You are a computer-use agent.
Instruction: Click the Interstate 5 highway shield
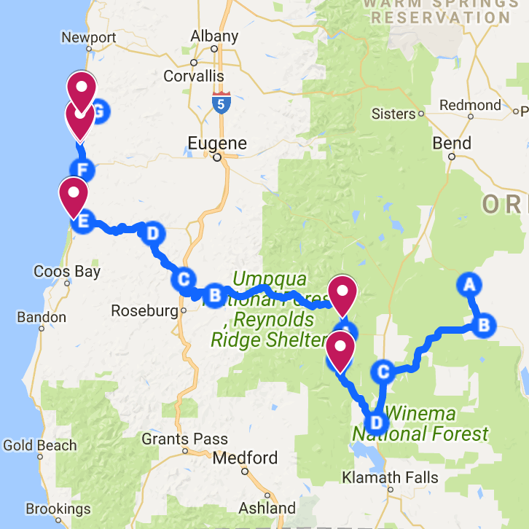click(222, 103)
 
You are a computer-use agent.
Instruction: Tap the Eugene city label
click(217, 143)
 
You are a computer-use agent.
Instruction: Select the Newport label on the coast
click(89, 38)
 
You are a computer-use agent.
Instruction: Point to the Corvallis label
click(193, 76)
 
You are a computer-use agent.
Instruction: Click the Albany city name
click(214, 36)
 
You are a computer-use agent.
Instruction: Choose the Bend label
click(452, 144)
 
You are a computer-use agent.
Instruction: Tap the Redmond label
click(471, 106)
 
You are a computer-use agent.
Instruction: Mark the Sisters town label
click(393, 114)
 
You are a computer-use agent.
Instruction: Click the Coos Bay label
click(67, 272)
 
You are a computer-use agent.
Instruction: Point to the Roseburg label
click(144, 311)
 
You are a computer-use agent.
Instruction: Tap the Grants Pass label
click(184, 439)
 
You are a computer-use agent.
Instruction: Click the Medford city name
click(245, 458)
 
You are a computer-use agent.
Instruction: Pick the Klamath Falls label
click(391, 478)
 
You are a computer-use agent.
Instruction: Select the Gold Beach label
click(40, 445)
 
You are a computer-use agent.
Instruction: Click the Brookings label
click(58, 509)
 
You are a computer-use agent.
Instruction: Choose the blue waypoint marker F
click(83, 171)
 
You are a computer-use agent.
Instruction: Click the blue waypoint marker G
click(101, 111)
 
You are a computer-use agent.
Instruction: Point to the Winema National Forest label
click(421, 424)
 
